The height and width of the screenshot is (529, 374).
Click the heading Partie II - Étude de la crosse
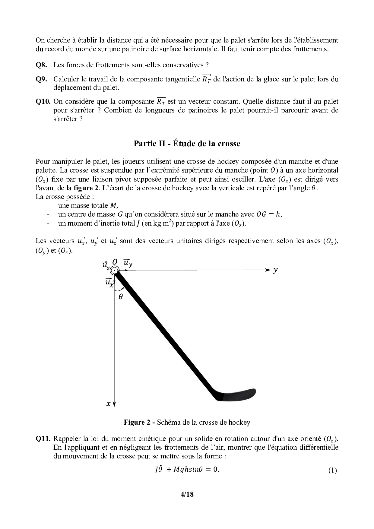187,144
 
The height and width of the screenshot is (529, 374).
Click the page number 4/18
187,494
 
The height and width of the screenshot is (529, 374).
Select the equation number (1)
332,470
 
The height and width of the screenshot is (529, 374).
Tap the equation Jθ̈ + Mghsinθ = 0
186,470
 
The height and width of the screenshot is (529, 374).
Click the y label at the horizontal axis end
275,270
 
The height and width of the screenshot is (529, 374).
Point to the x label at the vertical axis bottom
108,404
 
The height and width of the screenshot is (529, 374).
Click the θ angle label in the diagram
121,297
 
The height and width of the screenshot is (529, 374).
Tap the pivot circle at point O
114,270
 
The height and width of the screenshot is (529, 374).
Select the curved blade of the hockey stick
238,395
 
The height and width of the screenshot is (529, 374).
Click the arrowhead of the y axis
267,270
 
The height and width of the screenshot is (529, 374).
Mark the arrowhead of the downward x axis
115,404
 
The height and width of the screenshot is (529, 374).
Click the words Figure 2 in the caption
137,423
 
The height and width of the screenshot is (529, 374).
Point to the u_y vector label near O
128,263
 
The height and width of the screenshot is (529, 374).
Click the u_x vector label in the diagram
109,282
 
